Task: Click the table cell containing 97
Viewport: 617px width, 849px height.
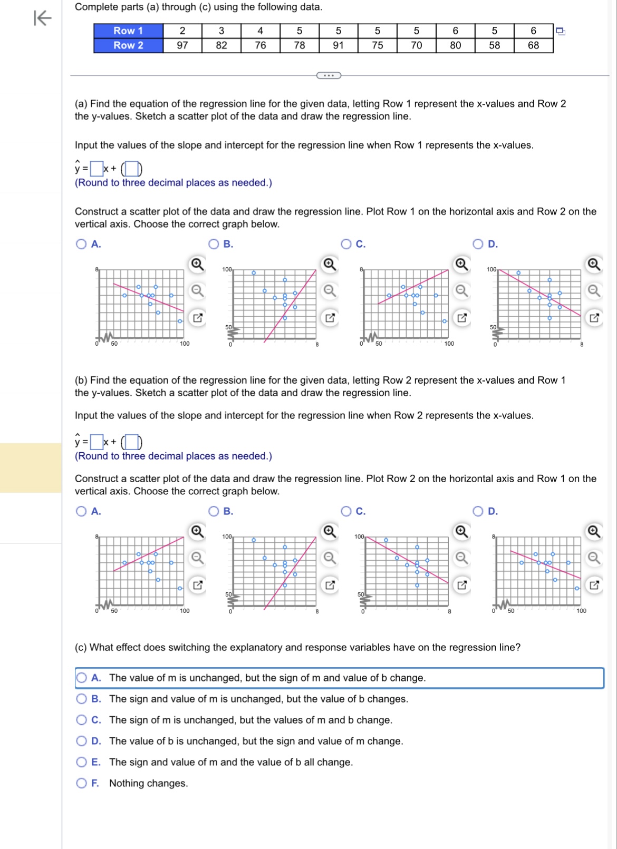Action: (x=182, y=45)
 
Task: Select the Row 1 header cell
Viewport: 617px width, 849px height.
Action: (x=128, y=31)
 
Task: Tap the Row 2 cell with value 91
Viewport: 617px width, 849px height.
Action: (x=339, y=45)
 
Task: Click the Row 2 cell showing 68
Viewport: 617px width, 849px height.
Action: (x=533, y=45)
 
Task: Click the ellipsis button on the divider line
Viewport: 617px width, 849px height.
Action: (x=329, y=75)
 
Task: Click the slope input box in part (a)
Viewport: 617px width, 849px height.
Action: (x=97, y=169)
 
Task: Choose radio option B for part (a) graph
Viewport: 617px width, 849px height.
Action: (x=214, y=244)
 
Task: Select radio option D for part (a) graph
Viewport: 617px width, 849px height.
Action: (x=478, y=244)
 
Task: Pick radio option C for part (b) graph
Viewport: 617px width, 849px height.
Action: (x=346, y=511)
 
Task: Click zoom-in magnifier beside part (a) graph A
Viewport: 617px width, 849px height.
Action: (x=197, y=264)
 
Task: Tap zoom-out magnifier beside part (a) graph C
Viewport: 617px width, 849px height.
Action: (x=461, y=290)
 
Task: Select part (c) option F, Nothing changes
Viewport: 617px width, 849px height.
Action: (x=82, y=783)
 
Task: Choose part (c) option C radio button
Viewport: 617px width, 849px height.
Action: (x=82, y=720)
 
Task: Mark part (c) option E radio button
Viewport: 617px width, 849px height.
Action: (x=82, y=762)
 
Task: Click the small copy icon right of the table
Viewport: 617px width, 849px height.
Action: (x=561, y=32)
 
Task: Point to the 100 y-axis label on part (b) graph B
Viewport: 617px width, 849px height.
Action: (x=227, y=536)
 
